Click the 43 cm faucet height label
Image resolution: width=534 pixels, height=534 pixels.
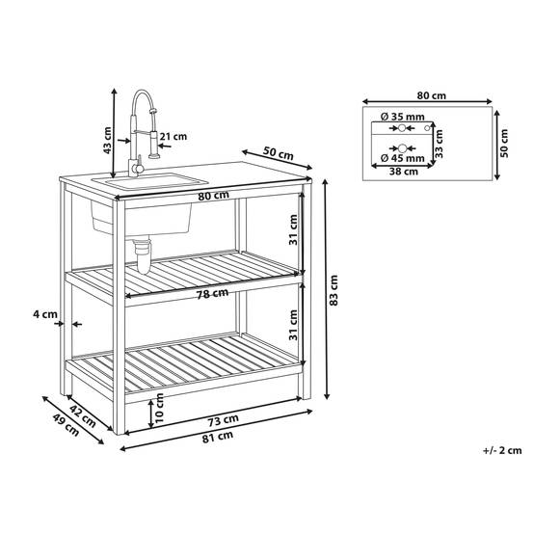coord(108,140)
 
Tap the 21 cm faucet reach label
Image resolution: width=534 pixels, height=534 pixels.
coord(174,137)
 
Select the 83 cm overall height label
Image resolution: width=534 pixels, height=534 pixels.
coord(334,290)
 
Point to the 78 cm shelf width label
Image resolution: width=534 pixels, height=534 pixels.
coord(212,294)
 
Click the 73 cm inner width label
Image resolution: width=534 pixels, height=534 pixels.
coord(223,420)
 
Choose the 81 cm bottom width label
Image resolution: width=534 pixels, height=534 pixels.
coord(218,437)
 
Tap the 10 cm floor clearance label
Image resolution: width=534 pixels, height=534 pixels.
coord(159,408)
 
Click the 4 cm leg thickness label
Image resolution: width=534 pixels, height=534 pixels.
coord(45,314)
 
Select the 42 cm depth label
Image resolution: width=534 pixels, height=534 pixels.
coord(83,416)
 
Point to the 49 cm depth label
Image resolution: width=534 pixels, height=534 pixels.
coord(67,425)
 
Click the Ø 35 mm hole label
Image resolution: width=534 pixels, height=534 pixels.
coord(403,117)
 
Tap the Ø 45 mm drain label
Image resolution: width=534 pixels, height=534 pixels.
coord(403,158)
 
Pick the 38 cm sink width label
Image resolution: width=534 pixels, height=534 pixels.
coord(404,172)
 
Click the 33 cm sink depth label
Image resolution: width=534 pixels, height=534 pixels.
coord(439,144)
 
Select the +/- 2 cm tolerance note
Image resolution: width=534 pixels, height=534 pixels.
coord(502,450)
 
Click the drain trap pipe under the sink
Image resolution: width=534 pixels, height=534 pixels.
coord(143,255)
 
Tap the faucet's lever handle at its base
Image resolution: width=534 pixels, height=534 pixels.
coord(139,165)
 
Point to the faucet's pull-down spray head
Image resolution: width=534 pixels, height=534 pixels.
coord(154,145)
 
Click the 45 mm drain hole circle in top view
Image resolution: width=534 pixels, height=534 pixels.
coord(403,148)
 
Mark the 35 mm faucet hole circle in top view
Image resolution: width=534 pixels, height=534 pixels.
coord(402,128)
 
